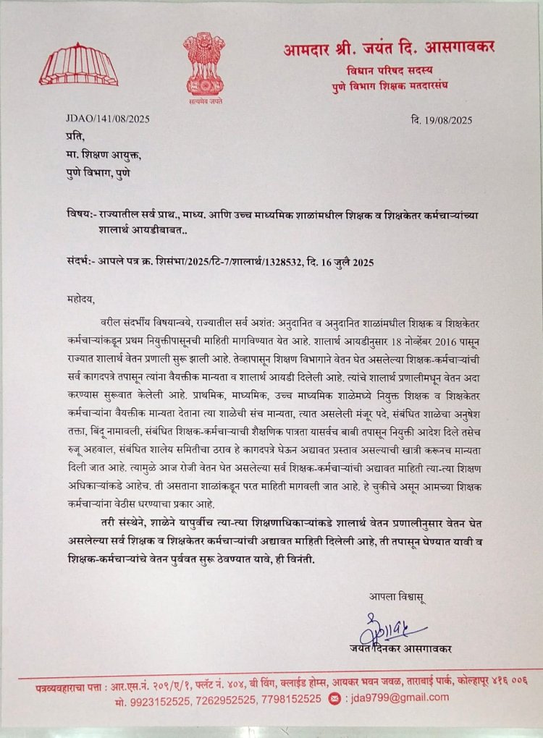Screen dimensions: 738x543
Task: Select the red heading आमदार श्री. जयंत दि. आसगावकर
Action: click(389, 48)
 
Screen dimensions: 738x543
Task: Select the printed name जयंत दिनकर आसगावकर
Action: click(397, 649)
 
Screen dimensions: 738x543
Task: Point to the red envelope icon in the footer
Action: click(334, 698)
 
